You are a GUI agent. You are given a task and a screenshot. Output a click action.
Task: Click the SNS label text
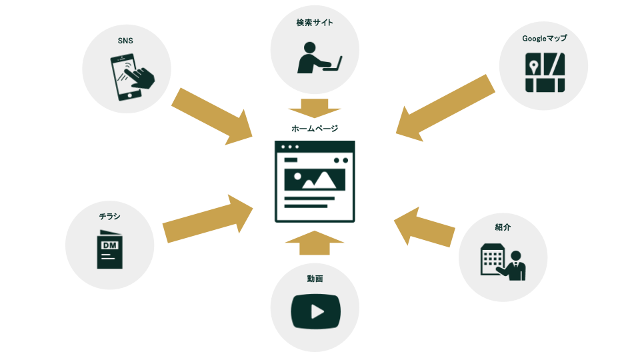click(125, 41)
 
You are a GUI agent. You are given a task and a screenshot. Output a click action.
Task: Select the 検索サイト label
click(315, 23)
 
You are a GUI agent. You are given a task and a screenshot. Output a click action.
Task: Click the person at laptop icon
click(318, 57)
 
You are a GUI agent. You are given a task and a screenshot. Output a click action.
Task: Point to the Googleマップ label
click(544, 39)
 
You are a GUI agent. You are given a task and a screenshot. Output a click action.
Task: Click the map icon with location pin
click(545, 72)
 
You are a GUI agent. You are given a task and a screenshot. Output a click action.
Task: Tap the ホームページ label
click(315, 128)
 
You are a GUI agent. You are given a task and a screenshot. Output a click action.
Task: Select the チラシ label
click(110, 216)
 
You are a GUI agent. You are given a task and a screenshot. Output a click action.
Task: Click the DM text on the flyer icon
click(109, 246)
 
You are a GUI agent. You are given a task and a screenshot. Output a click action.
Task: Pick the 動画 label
click(315, 278)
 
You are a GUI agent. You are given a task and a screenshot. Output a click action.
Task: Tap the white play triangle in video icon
click(317, 311)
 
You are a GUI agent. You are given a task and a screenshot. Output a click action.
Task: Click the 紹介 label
click(503, 227)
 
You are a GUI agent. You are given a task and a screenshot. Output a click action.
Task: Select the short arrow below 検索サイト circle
click(315, 107)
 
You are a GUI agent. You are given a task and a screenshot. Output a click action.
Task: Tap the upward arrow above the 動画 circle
click(315, 243)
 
